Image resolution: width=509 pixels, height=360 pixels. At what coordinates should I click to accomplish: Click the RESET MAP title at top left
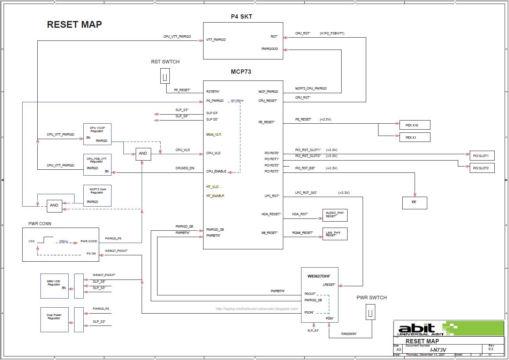(74, 25)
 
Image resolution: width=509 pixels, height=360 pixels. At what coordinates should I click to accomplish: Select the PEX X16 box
(415, 125)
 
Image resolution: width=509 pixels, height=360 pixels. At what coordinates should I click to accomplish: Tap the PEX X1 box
(415, 138)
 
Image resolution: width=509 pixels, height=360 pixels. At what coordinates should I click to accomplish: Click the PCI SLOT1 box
(482, 156)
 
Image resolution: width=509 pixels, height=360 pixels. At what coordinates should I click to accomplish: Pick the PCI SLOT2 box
(482, 168)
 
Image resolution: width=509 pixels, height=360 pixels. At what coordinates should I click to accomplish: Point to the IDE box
(415, 203)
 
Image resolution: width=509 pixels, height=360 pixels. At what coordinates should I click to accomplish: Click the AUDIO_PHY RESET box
(334, 214)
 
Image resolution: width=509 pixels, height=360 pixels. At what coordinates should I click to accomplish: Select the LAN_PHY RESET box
(334, 234)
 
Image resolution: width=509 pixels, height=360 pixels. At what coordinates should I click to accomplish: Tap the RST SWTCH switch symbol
(165, 76)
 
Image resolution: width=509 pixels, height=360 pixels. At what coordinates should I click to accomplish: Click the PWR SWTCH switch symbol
(370, 312)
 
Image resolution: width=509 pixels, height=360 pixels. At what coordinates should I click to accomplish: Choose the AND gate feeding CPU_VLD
(143, 153)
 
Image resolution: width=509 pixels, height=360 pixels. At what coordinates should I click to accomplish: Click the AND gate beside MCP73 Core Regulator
(54, 205)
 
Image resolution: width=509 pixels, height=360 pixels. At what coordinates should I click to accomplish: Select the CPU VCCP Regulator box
(97, 134)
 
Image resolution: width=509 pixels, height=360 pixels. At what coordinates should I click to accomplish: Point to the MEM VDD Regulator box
(54, 286)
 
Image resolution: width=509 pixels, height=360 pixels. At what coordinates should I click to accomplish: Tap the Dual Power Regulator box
(54, 320)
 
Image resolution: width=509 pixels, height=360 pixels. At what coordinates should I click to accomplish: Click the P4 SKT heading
(241, 17)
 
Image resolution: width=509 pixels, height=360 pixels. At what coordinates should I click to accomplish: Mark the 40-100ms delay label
(237, 101)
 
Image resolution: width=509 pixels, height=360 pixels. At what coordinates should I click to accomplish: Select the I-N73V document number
(438, 350)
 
